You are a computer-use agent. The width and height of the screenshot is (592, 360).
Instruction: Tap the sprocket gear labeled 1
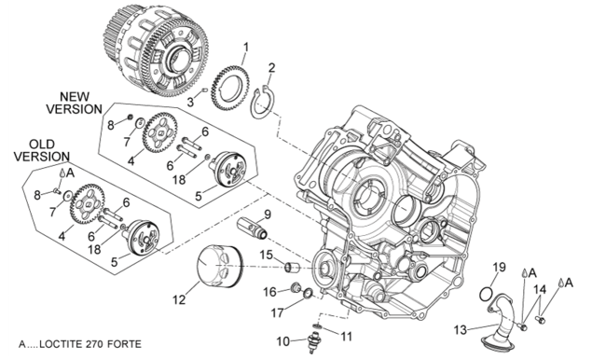(229, 88)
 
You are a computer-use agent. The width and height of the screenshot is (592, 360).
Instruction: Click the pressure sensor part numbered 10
(312, 341)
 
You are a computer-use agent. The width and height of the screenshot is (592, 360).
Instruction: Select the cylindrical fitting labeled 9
(253, 228)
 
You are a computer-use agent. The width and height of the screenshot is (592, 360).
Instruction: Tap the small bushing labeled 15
(292, 267)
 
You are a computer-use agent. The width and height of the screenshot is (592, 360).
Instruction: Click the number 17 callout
(278, 312)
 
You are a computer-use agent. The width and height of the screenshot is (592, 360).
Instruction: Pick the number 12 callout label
(179, 299)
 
